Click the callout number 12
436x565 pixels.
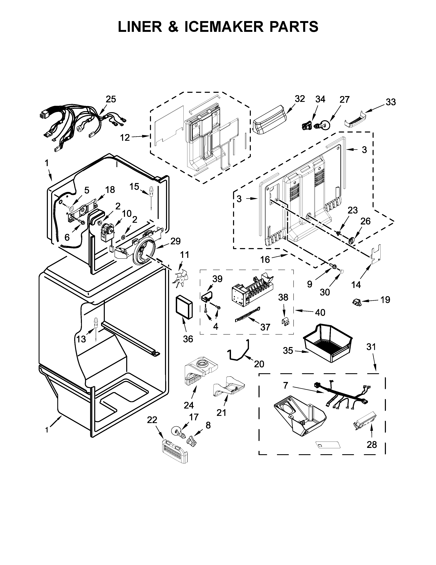coord(125,138)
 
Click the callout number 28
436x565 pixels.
coord(372,445)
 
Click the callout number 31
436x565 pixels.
coord(371,347)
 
